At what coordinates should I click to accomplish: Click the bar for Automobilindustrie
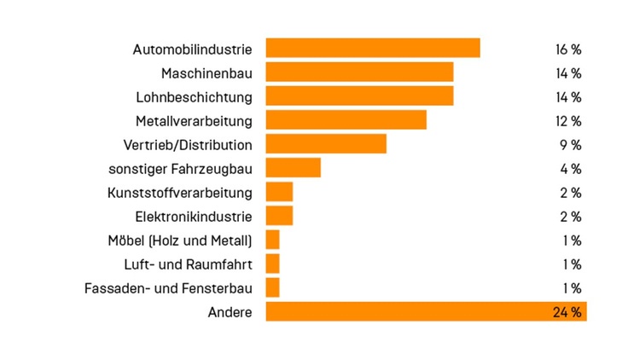tap(372, 48)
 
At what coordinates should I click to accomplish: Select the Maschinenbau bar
tap(359, 72)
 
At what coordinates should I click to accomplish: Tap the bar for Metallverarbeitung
tap(346, 120)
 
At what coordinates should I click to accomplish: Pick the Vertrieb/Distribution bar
tap(326, 144)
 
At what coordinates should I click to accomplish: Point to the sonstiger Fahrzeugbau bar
tap(293, 168)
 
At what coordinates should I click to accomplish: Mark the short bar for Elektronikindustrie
tap(279, 216)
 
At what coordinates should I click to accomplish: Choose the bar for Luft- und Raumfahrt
tap(272, 264)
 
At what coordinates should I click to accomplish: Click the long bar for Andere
tap(410, 311)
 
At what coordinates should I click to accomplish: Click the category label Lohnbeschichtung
tap(194, 96)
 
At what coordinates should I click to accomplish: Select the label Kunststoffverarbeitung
tap(180, 192)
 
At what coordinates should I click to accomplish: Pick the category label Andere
tap(230, 312)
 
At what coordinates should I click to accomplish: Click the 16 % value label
tap(568, 49)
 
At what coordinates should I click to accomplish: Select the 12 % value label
tap(568, 120)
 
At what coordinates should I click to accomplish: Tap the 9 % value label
tap(571, 144)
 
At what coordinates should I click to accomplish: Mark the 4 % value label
tap(571, 168)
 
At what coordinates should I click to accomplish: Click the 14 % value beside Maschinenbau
tap(568, 73)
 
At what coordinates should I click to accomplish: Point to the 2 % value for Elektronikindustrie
tap(571, 216)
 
